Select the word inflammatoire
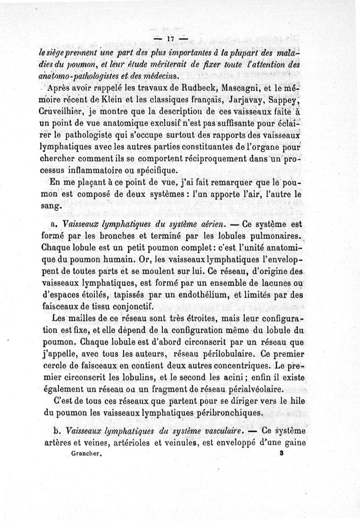(x=92, y=170)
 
